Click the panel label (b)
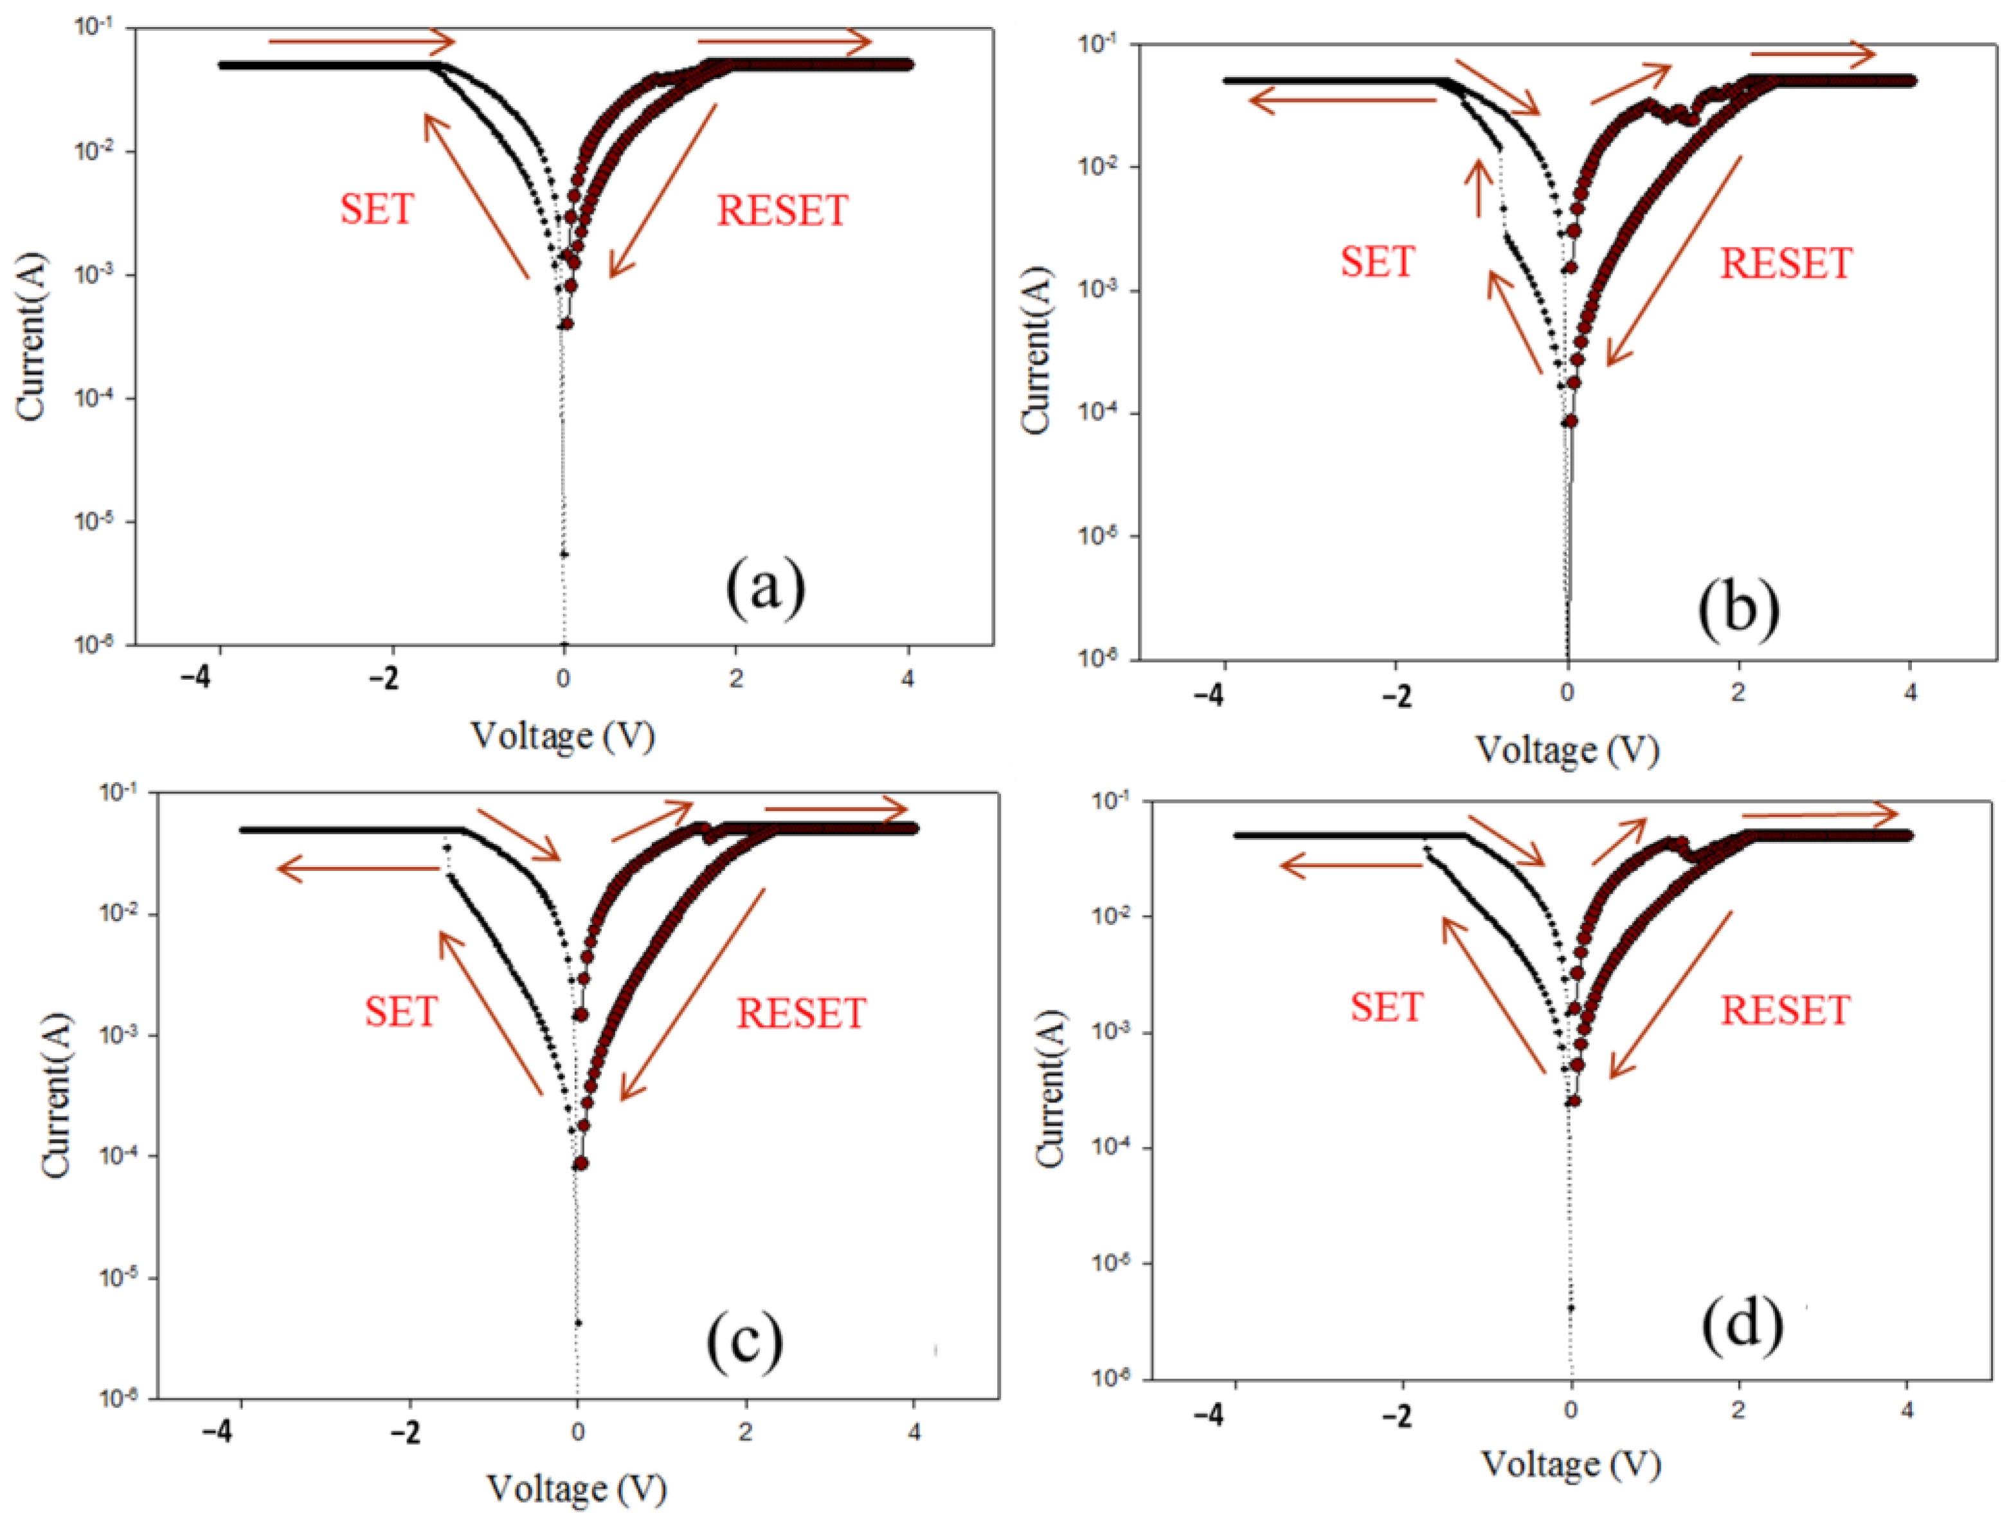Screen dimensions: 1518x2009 (1738, 608)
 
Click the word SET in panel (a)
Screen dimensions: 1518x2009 (377, 209)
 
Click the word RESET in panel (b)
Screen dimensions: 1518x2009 (1785, 264)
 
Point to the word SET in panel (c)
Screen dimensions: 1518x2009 (401, 1011)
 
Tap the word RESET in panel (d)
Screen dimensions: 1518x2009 (1785, 1010)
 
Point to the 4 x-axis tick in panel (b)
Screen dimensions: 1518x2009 (1910, 692)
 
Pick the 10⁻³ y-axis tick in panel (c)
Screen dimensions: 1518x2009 (118, 1035)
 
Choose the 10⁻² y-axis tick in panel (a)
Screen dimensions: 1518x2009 (94, 152)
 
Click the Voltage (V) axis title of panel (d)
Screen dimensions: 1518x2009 (1571, 1463)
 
